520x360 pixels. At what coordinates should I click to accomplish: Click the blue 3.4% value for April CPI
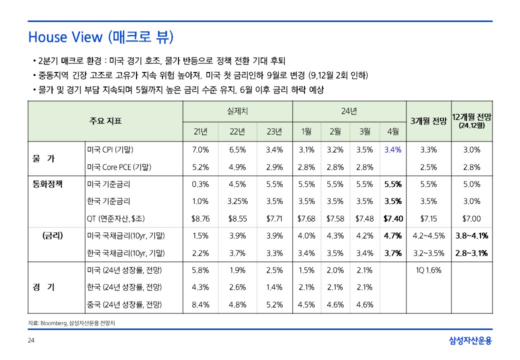[x=393, y=149]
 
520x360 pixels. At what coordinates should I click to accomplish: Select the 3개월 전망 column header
[x=428, y=121]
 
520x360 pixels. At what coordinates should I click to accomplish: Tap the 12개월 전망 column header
[x=471, y=120]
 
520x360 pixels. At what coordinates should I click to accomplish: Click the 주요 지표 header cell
[x=105, y=121]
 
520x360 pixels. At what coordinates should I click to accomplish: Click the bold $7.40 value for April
[x=393, y=218]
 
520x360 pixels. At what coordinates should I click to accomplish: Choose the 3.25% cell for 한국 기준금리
[x=237, y=201]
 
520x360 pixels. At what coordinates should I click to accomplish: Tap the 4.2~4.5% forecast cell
[x=428, y=236]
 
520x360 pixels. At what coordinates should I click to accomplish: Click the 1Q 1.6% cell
[x=428, y=270]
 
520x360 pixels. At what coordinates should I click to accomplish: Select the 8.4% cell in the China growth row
[x=200, y=304]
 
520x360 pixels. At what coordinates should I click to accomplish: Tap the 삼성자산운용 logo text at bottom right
[x=470, y=341]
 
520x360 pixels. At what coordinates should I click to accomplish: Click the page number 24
[x=31, y=341]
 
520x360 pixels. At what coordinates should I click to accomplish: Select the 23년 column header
[x=274, y=132]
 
